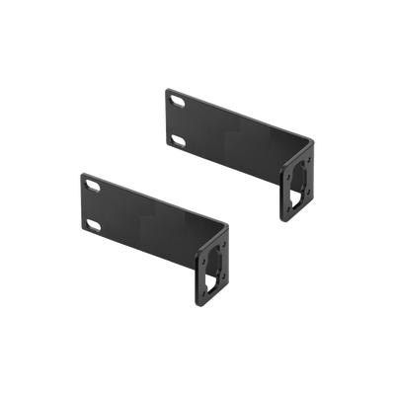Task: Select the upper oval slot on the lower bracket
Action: click(94, 185)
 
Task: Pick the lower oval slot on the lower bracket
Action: click(94, 225)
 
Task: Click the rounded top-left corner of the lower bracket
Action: click(80, 172)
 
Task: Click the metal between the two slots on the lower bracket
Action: click(93, 205)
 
